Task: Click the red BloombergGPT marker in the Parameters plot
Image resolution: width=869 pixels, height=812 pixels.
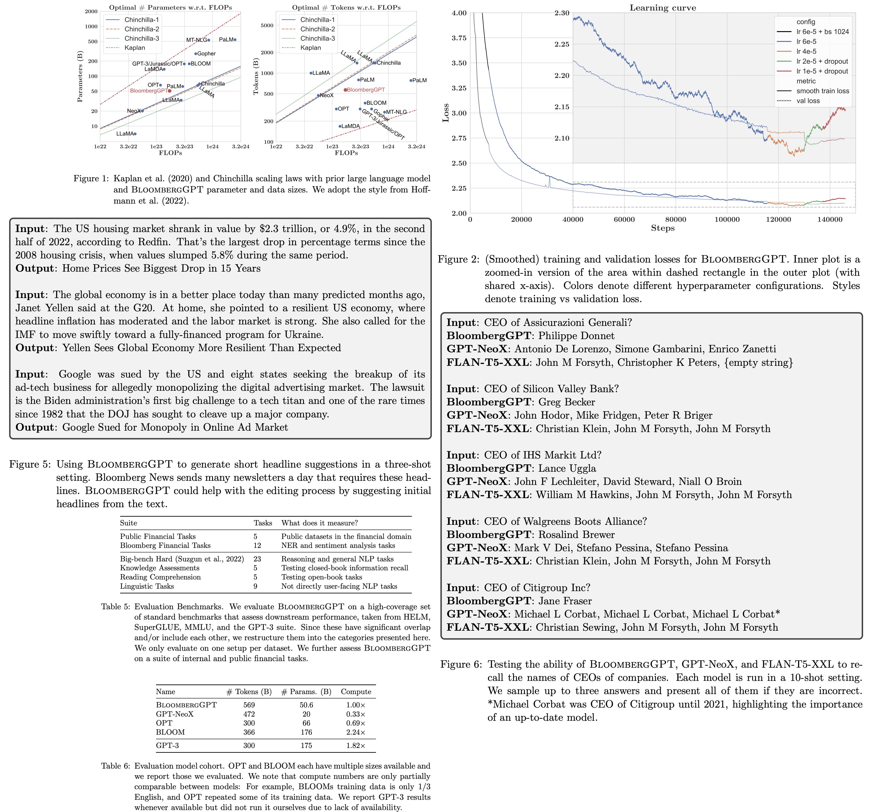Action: (x=170, y=91)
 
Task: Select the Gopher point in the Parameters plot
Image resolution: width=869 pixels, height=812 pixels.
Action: (x=195, y=54)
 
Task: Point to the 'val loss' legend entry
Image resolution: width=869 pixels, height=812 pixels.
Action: (x=808, y=101)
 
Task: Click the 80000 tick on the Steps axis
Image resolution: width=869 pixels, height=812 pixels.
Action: (x=675, y=219)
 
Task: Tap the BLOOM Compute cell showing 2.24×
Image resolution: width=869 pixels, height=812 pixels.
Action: (x=355, y=732)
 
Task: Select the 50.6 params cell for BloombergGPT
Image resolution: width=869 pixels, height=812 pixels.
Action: (x=306, y=705)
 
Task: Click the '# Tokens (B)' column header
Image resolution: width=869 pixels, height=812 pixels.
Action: (x=249, y=691)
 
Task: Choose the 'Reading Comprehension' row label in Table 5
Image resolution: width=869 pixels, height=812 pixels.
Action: (x=160, y=577)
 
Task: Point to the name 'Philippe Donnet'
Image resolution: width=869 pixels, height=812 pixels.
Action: (x=576, y=336)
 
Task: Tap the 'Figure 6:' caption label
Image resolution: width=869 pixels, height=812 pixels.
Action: (x=461, y=664)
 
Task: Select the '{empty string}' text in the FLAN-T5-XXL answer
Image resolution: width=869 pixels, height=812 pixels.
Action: (x=758, y=362)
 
